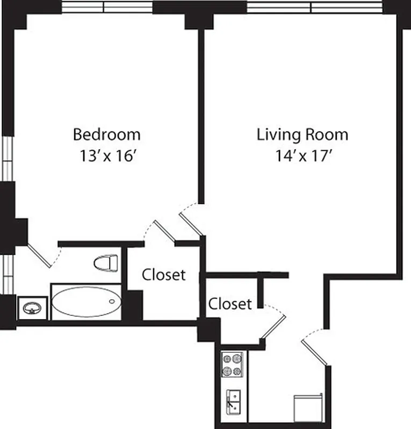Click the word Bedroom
point(106,134)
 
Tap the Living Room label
point(302,134)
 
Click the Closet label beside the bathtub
point(163,275)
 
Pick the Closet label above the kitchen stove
point(230,304)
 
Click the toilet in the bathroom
point(105,263)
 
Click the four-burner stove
point(232,364)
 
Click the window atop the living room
point(314,6)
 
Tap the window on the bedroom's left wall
point(7,158)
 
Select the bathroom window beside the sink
point(7,273)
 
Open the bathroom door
point(40,256)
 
